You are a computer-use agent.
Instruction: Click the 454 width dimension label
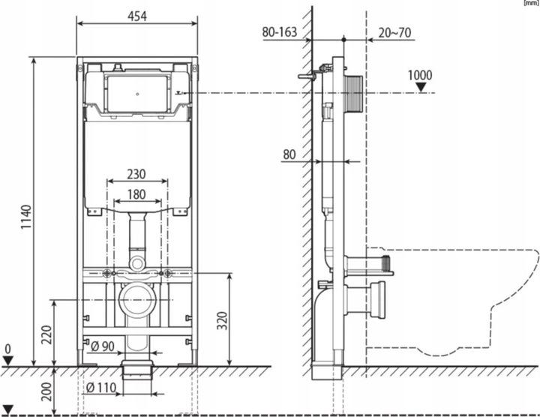[137, 16]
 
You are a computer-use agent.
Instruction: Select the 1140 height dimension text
[26, 217]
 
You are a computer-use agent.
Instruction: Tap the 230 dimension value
[136, 174]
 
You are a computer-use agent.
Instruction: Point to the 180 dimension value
[136, 194]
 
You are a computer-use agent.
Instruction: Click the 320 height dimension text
[223, 320]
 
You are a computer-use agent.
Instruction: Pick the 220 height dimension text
[46, 334]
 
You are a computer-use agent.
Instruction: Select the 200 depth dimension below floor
[46, 391]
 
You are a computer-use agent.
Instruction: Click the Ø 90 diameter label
[103, 346]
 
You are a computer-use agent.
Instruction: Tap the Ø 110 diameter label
[101, 388]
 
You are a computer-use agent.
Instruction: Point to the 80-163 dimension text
[279, 32]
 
